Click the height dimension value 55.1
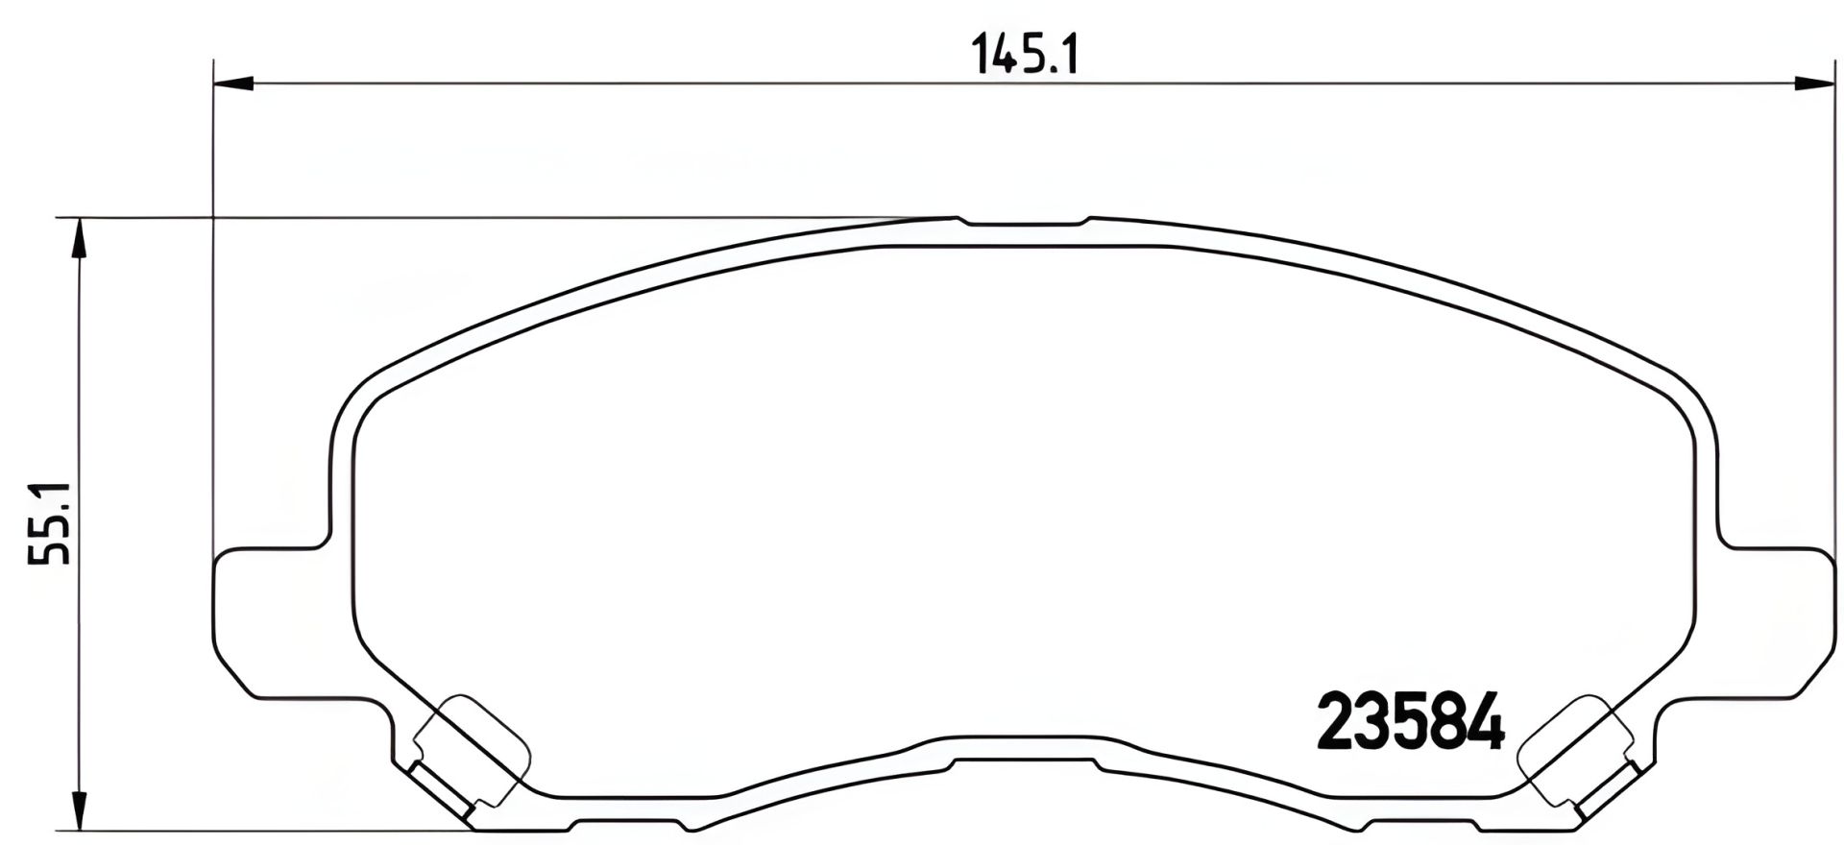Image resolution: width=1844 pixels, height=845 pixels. pyautogui.click(x=50, y=523)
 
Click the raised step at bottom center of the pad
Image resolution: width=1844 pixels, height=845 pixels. pyautogui.click(x=1024, y=759)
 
